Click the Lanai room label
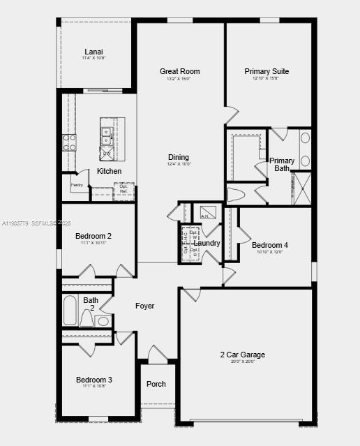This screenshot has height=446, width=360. [x=93, y=52]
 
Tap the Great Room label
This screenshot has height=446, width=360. [x=179, y=71]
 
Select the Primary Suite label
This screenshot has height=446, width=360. [x=267, y=71]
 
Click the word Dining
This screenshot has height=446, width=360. [x=179, y=157]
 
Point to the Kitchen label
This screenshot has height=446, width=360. [x=109, y=171]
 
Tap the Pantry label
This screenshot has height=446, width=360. [x=77, y=185]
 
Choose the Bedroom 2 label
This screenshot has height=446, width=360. [x=93, y=236]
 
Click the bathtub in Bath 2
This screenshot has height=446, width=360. [x=70, y=311]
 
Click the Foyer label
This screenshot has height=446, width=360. [x=144, y=306]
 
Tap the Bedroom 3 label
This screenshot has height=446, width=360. [x=93, y=380]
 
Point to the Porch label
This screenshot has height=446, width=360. [x=156, y=384]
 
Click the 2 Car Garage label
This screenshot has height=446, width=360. [x=243, y=355]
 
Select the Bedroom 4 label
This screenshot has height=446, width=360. [x=269, y=245]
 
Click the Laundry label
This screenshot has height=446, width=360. [x=207, y=243]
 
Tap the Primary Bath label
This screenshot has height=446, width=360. [x=282, y=165]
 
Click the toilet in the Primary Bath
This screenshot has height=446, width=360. [x=237, y=195]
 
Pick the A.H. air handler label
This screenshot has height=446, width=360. [x=205, y=216]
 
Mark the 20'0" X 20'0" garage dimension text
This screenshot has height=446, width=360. [x=243, y=362]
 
